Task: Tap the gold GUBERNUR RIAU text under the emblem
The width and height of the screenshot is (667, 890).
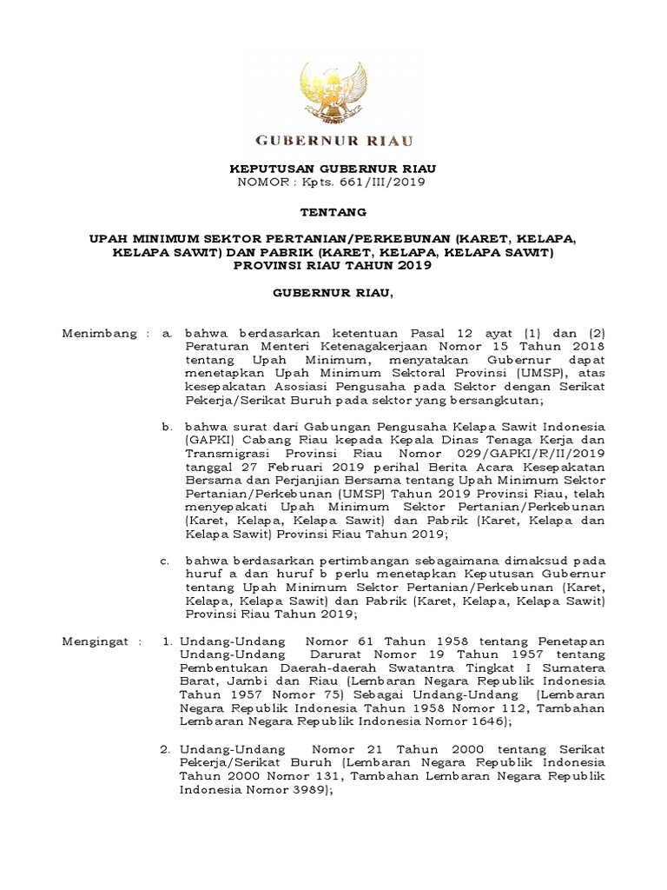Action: pyautogui.click(x=333, y=141)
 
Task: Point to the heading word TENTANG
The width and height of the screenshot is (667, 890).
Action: pyautogui.click(x=333, y=211)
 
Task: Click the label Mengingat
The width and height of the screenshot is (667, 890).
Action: pyautogui.click(x=95, y=641)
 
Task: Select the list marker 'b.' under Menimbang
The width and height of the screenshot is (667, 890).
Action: pyautogui.click(x=167, y=427)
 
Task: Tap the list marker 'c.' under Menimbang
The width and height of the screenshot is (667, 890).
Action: pyautogui.click(x=166, y=561)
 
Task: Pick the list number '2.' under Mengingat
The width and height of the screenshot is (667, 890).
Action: pyautogui.click(x=167, y=748)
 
